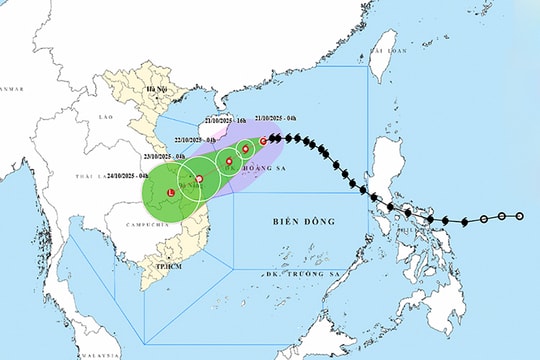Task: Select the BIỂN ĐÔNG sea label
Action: pyautogui.click(x=304, y=221)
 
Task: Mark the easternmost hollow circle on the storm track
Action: pyautogui.click(x=520, y=216)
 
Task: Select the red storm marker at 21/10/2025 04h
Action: pyautogui.click(x=263, y=141)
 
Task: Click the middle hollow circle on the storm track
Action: pyautogui.click(x=502, y=216)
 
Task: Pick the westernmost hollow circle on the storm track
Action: pyautogui.click(x=484, y=218)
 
